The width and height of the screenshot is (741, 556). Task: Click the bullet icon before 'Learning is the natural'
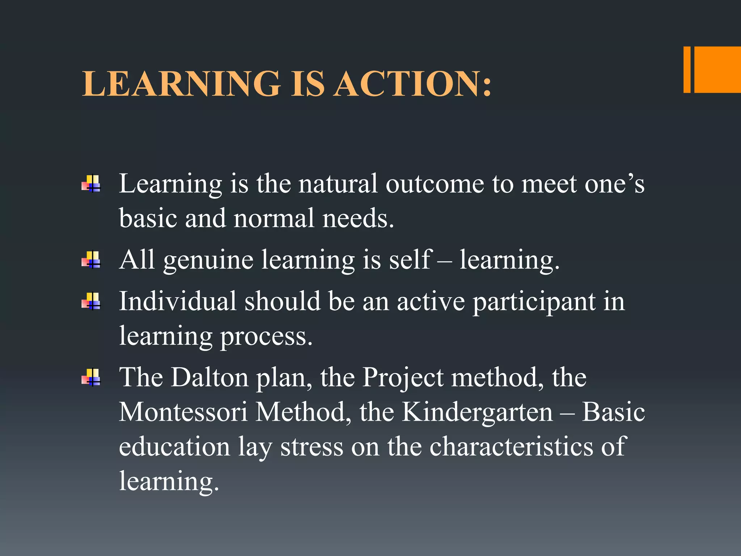[91, 184]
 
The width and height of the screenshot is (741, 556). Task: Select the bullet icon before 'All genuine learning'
[91, 260]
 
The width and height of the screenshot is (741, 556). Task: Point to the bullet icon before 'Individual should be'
[91, 301]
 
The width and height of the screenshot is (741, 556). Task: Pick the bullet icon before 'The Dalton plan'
[91, 378]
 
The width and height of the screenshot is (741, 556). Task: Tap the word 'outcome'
[435, 184]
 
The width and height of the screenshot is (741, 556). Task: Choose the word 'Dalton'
[209, 378]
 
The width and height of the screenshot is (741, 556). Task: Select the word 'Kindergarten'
[478, 413]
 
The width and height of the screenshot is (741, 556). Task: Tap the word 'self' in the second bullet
[411, 260]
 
